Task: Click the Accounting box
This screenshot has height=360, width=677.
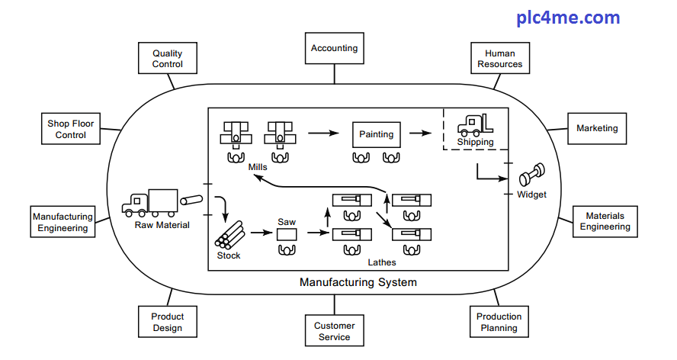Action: pyautogui.click(x=334, y=48)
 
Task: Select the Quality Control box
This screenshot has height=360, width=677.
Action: pyautogui.click(x=167, y=59)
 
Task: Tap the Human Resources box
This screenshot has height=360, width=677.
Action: pyautogui.click(x=500, y=59)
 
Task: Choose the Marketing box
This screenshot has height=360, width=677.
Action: pyautogui.click(x=597, y=128)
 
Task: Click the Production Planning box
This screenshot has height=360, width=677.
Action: pyautogui.click(x=499, y=322)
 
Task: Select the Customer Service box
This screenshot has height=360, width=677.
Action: pyautogui.click(x=334, y=331)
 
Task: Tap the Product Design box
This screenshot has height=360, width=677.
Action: pyautogui.click(x=167, y=322)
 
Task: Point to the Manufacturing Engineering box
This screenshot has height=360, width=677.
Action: pyautogui.click(x=63, y=222)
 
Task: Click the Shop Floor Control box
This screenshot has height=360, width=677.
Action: pyautogui.click(x=71, y=129)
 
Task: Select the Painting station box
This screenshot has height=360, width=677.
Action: pyautogui.click(x=377, y=134)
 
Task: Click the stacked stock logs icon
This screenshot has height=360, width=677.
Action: pyautogui.click(x=229, y=235)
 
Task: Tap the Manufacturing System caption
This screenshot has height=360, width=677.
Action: pyautogui.click(x=358, y=282)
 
